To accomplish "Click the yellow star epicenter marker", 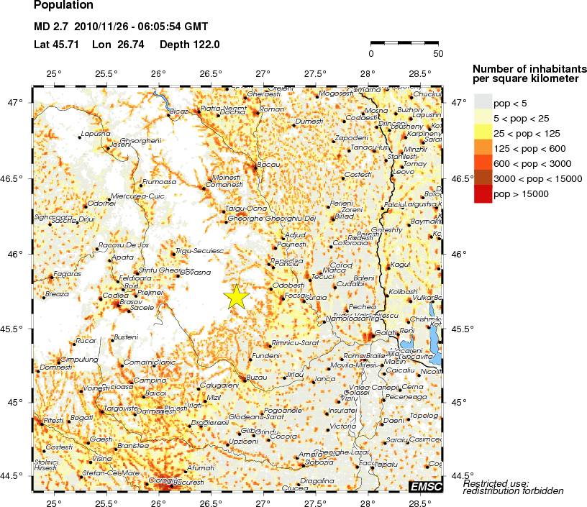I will coord(236,296).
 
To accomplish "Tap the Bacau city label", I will coord(268,165).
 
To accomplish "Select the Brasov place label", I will coord(131,302).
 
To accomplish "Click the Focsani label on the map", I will coord(296,296).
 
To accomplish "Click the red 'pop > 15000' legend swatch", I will coord(483,193).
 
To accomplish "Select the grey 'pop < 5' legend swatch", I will coord(483,102).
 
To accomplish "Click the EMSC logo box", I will coord(425,487).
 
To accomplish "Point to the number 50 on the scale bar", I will coord(438,53).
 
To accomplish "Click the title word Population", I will coord(63,6).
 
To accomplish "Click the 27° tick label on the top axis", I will coord(263,73).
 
